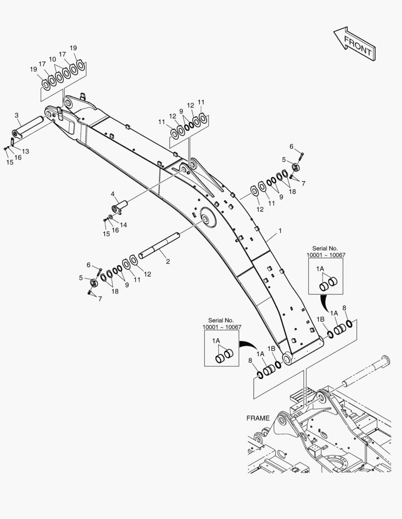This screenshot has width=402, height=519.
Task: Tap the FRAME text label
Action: (258, 418)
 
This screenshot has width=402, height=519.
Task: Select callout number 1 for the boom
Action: (280, 231)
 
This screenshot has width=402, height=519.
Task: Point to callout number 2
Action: (168, 261)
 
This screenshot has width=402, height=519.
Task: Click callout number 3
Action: (16, 115)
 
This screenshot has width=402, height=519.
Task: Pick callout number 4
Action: (113, 194)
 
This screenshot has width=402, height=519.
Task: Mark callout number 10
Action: (52, 59)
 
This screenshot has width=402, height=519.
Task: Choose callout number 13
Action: (26, 151)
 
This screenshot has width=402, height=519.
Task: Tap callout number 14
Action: (123, 224)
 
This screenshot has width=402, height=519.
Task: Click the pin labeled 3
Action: (31, 126)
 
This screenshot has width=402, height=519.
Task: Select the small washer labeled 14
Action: (111, 217)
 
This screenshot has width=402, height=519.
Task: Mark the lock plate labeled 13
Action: (13, 143)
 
